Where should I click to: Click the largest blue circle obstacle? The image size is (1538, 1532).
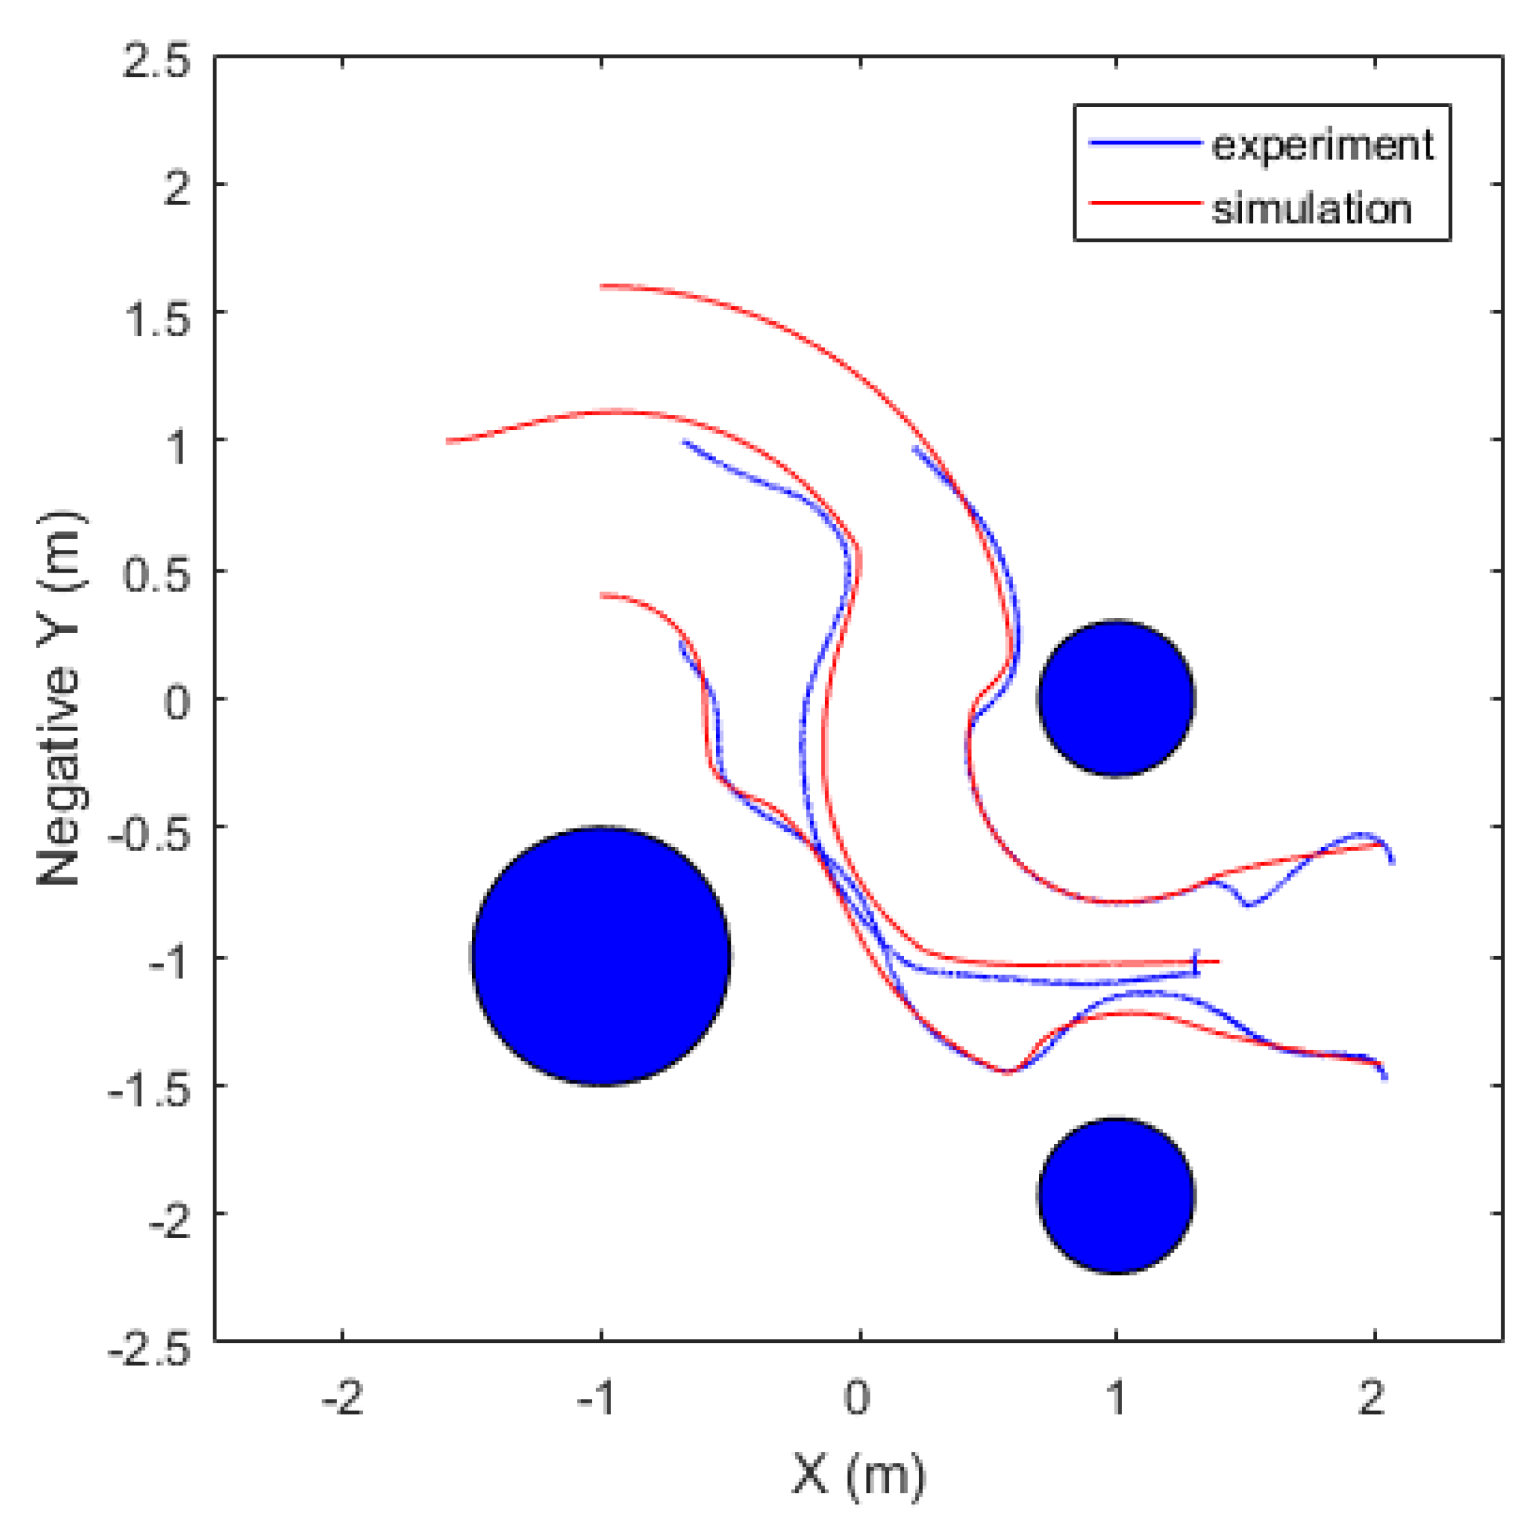coord(601,955)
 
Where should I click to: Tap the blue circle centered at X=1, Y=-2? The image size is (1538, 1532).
coord(1116,1195)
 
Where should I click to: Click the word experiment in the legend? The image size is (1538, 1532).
coord(1321,145)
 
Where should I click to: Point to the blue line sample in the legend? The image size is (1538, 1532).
coord(1145,143)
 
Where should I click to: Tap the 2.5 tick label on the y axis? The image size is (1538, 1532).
coord(156,60)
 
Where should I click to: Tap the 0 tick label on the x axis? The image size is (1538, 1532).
coord(858,1399)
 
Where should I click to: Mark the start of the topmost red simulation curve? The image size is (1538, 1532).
coord(602,286)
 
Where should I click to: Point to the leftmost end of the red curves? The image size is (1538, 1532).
coord(448,441)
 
